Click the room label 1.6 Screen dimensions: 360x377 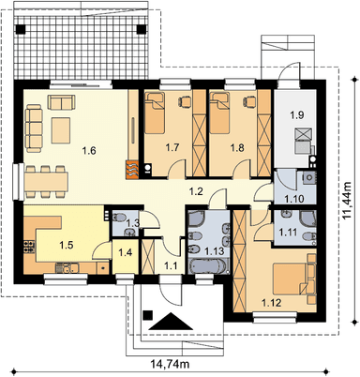[x=89, y=151]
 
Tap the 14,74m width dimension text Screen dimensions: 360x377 [x=171, y=364]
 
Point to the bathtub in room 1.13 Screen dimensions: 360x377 [x=207, y=266]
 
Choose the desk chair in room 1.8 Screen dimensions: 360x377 [x=249, y=100]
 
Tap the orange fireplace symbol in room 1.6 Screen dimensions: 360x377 [x=131, y=170]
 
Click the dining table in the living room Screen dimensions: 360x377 [x=46, y=182]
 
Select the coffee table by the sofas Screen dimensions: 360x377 [x=61, y=130]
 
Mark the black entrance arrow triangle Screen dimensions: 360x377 [x=171, y=321]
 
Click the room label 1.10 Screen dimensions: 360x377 [x=293, y=199]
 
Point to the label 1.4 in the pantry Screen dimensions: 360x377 [x=126, y=252]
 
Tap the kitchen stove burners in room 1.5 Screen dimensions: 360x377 [x=28, y=247]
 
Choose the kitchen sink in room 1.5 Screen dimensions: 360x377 [x=67, y=268]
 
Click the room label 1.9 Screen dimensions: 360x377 [x=297, y=115]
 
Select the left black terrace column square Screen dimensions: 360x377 [x=22, y=29]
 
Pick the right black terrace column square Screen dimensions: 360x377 [x=142, y=29]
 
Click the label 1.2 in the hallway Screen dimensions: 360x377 [x=197, y=191]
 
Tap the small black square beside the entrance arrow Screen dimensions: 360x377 [x=147, y=315]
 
